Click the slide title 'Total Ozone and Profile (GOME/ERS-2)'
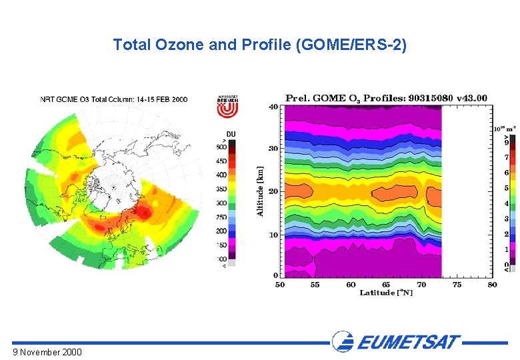[259, 45]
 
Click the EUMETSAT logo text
[408, 343]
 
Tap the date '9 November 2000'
[47, 351]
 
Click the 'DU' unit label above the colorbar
[231, 133]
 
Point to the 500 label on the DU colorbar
[222, 147]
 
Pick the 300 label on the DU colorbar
[222, 203]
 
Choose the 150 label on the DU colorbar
[222, 245]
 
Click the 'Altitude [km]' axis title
[261, 191]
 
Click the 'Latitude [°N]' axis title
[386, 293]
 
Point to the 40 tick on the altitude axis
[273, 107]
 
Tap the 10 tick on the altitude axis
[273, 235]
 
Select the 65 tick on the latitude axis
[386, 285]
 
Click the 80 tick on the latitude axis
[492, 285]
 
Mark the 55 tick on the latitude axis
[315, 285]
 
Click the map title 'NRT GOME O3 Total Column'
[114, 99]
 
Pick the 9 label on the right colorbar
[507, 142]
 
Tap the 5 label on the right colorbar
[507, 189]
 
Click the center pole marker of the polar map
[114, 187]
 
